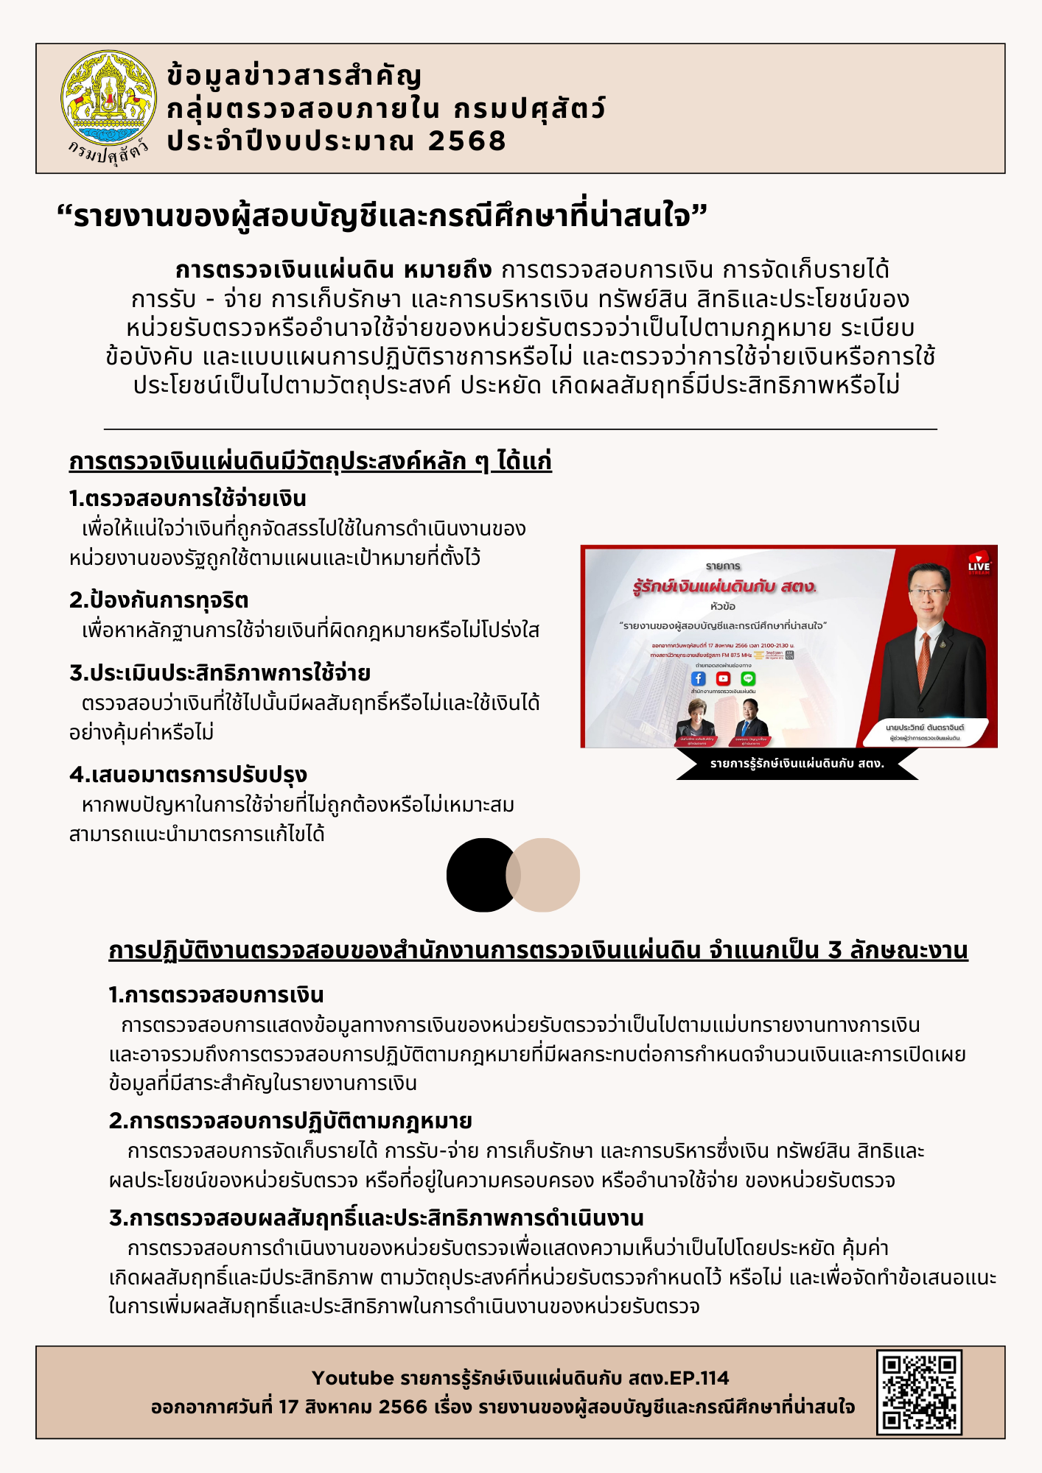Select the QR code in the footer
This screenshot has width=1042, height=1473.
coord(919,1392)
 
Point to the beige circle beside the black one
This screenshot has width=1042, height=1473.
coord(546,875)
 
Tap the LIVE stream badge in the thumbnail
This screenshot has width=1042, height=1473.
coord(979,563)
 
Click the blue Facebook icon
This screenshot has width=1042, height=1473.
coord(699,678)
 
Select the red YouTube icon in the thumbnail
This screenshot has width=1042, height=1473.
coord(723,678)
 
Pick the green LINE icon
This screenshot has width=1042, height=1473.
coord(748,678)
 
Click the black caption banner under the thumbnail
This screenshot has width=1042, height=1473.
coord(797,764)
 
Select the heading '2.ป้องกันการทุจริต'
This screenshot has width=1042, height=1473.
coord(158,600)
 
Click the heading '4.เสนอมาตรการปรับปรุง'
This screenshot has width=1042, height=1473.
coord(188,775)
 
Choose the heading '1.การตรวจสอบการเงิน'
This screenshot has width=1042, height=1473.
coord(216,995)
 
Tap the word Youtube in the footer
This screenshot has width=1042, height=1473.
coord(353,1378)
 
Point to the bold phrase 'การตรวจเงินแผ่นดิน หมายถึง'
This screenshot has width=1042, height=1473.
coord(333,270)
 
